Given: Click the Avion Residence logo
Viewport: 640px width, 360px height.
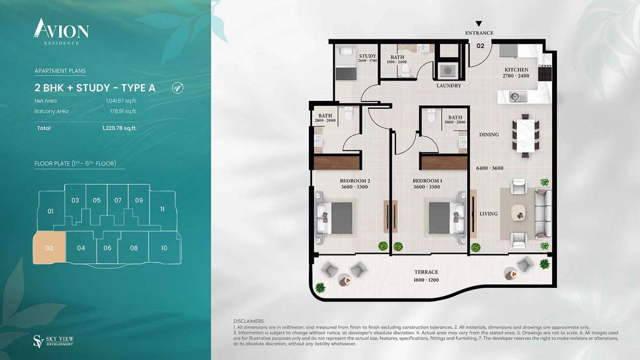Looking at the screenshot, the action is pyautogui.click(x=61, y=31).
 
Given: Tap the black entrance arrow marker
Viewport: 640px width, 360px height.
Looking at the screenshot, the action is pyautogui.click(x=479, y=23).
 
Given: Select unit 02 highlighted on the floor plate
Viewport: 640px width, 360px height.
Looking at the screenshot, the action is pyautogui.click(x=50, y=247).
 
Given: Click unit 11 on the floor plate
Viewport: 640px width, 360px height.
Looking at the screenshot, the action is pyautogui.click(x=162, y=209).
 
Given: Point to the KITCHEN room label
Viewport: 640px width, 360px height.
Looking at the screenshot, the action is pyautogui.click(x=516, y=69).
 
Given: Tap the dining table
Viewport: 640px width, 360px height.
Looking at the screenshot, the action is pyautogui.click(x=525, y=135).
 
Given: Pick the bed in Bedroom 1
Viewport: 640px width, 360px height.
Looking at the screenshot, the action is pyautogui.click(x=446, y=218).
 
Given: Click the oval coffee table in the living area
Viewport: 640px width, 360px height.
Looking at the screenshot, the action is pyautogui.click(x=519, y=213).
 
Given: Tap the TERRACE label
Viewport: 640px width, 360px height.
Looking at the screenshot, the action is pyautogui.click(x=426, y=272).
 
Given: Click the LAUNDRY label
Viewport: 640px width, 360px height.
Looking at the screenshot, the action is pyautogui.click(x=449, y=85).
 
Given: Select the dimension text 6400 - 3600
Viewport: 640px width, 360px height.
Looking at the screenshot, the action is pyautogui.click(x=490, y=169).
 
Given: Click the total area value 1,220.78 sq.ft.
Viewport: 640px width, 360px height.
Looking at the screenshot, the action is pyautogui.click(x=119, y=128).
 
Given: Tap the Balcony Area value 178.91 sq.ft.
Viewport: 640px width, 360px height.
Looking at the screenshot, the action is pyautogui.click(x=123, y=111).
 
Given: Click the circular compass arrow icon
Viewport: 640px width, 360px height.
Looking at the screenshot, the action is pyautogui.click(x=178, y=87).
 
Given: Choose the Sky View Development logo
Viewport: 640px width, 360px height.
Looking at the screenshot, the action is pyautogui.click(x=54, y=341).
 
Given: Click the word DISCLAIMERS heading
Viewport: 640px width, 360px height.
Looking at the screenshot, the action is pyautogui.click(x=249, y=321).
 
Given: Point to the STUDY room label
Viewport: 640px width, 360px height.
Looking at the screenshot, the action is pyautogui.click(x=367, y=56).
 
